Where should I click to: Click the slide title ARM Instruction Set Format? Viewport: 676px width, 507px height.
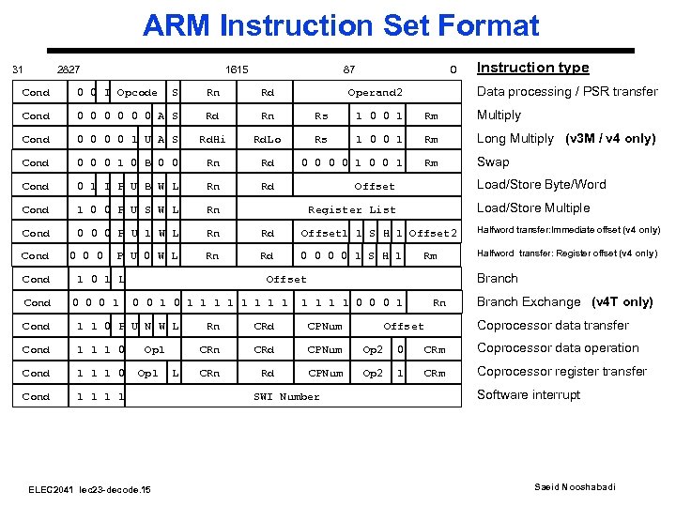(341, 25)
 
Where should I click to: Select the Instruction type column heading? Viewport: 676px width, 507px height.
(532, 68)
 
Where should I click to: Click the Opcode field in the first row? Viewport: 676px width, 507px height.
(137, 92)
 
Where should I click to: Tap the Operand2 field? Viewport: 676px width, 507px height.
(375, 92)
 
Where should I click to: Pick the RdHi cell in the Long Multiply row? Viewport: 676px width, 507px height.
(212, 139)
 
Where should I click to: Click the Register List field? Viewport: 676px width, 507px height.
(352, 209)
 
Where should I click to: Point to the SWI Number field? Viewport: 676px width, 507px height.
(286, 396)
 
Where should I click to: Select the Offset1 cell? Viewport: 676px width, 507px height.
(324, 233)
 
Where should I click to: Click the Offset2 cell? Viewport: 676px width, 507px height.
(433, 233)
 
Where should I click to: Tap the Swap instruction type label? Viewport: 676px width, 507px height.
(493, 161)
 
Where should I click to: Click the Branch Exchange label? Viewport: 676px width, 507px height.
(529, 301)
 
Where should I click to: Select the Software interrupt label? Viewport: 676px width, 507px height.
(529, 394)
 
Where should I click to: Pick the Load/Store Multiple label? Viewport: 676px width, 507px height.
(533, 207)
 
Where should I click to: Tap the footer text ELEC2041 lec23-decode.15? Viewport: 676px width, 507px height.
(90, 489)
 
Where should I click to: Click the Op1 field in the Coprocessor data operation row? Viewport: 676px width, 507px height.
(154, 349)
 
